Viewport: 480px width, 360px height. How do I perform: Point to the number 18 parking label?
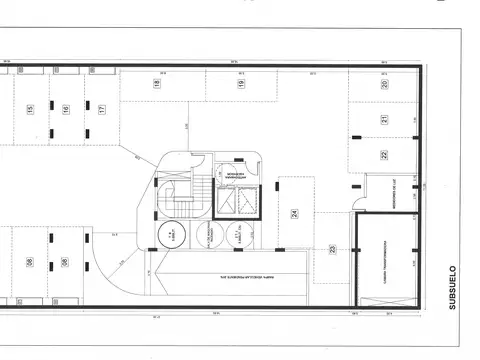click(x=157, y=85)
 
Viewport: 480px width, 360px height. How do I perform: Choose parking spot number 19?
click(x=240, y=85)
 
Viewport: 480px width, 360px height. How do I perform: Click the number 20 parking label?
click(x=384, y=86)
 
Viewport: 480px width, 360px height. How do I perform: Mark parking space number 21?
click(x=383, y=120)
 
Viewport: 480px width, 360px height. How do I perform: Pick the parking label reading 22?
click(x=383, y=155)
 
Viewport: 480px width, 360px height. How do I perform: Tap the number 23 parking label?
click(x=332, y=250)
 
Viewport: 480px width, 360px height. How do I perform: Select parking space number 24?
click(x=295, y=213)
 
